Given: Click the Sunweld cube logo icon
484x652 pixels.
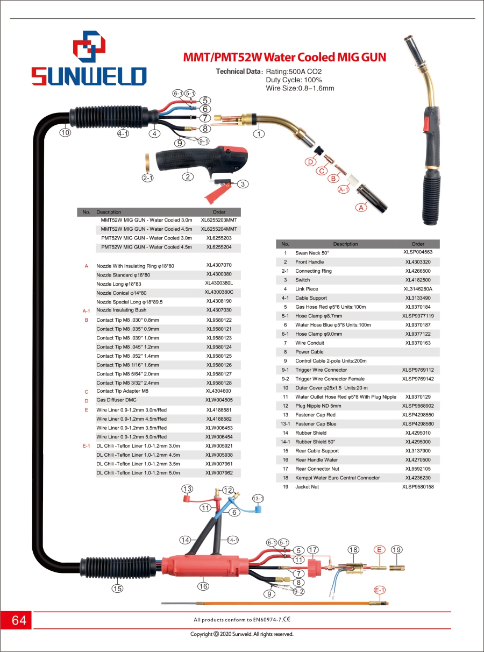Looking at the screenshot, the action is tap(89, 46).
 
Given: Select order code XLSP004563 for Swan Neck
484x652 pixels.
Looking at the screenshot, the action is tap(418, 252).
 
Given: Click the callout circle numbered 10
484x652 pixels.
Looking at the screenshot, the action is tap(65, 132).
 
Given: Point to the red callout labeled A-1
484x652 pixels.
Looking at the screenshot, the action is tap(344, 189).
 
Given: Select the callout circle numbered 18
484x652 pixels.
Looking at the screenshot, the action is tap(353, 550).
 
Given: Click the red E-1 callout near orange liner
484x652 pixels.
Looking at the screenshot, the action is tap(380, 590).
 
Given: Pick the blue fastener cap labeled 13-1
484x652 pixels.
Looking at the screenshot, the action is tap(258, 509).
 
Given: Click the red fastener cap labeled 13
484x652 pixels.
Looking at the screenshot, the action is tap(187, 499).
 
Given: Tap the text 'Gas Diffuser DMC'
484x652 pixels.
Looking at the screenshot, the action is tap(116, 400).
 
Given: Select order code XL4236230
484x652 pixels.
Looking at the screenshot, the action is tap(418, 478).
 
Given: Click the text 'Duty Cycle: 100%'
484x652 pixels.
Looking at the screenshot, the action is tap(294, 80).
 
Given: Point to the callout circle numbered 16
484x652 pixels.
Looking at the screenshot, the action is tap(203, 586).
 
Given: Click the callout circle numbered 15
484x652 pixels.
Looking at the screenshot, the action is tap(117, 589).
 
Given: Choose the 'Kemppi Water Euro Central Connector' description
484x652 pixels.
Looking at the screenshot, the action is tap(337, 478).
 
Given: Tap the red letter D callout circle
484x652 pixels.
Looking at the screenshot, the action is tap(310, 162).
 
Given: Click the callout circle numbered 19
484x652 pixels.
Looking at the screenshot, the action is tap(397, 550).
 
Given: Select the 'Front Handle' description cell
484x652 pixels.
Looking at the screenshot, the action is tap(309, 262).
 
